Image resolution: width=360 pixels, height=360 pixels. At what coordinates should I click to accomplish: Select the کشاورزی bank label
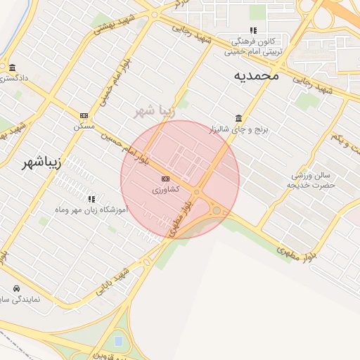[x=165, y=190]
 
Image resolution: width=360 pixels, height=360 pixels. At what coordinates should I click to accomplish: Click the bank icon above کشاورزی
[x=165, y=179]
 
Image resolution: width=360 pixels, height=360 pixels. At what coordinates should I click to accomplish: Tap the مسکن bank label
[x=84, y=127]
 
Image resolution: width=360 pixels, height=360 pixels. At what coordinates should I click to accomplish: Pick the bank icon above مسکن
[x=84, y=116]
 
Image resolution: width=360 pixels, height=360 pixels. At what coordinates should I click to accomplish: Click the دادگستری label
[x=14, y=78]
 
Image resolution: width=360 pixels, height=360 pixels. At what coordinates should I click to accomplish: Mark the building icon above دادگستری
[x=13, y=67]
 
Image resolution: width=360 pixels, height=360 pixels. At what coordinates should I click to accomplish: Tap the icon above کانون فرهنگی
[x=253, y=30]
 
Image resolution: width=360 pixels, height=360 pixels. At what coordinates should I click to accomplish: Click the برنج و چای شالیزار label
[x=238, y=129]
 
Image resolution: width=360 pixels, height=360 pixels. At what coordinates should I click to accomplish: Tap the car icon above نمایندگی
[x=16, y=288]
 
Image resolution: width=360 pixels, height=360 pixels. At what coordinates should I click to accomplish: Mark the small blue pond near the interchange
[x=117, y=341]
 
